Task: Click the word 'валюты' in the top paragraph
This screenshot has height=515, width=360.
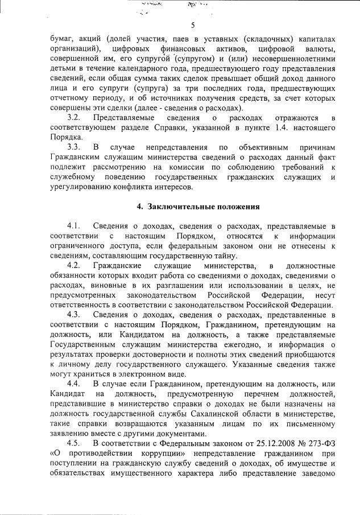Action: tap(316, 49)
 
